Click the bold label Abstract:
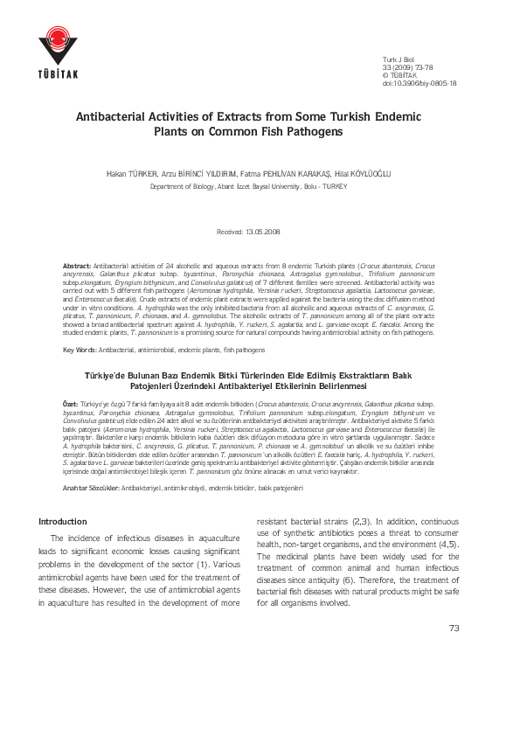[x=77, y=264]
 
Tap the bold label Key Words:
[x=80, y=350]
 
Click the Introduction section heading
[x=63, y=522]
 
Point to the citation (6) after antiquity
[x=348, y=603]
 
